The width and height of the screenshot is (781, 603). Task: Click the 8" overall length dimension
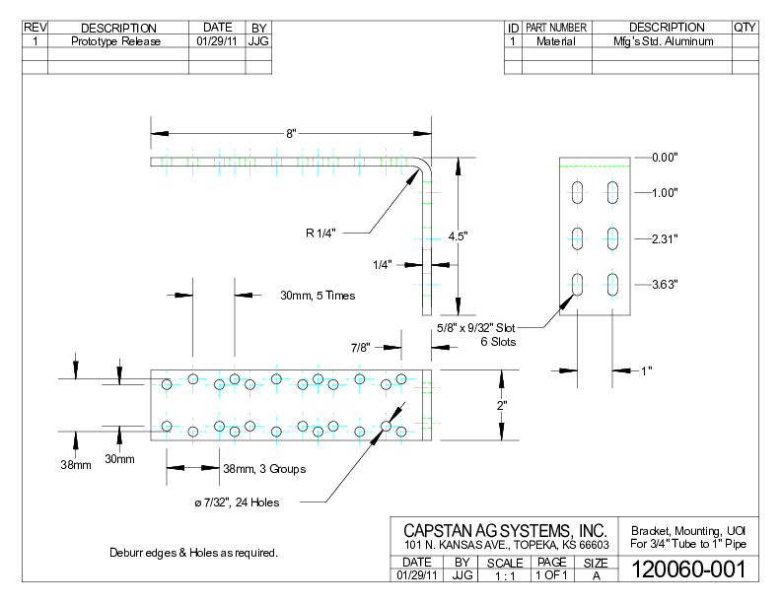tap(291, 132)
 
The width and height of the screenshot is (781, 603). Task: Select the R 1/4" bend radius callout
tap(320, 234)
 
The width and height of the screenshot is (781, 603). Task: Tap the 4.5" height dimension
tap(457, 236)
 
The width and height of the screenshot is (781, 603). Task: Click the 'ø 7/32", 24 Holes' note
tap(237, 502)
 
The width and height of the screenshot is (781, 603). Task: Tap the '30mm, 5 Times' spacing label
tap(318, 295)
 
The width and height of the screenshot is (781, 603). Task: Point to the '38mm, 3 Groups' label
tap(264, 469)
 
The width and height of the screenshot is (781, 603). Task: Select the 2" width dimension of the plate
tap(501, 405)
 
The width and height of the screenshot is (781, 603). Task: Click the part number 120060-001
tap(687, 570)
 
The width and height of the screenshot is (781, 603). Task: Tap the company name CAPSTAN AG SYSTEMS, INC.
tap(505, 531)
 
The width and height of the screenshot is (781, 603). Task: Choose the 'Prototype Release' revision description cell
tap(117, 42)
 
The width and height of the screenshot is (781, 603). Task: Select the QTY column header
tap(745, 28)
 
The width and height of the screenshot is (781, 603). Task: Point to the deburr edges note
tap(193, 553)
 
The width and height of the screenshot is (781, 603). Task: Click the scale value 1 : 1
tap(505, 575)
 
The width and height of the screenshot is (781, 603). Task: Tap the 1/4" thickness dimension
tap(384, 264)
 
